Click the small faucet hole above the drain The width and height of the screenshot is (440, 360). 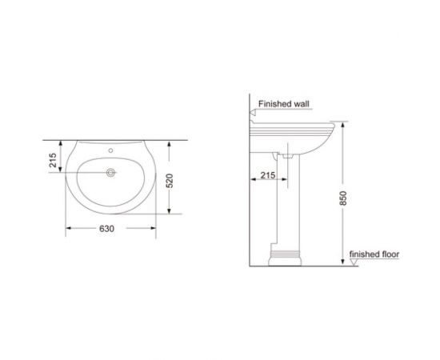coord(110,150)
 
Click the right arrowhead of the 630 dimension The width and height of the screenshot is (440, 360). coord(154,228)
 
